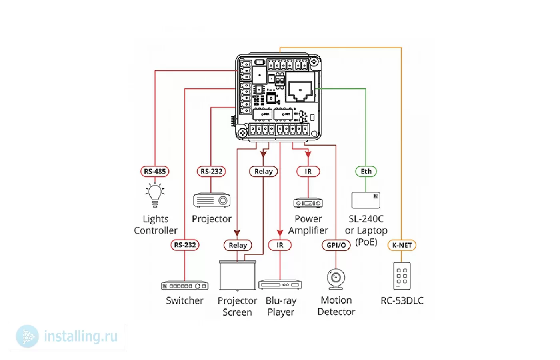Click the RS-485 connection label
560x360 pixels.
[155, 172]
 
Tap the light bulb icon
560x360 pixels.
[155, 196]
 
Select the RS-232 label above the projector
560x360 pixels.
[211, 172]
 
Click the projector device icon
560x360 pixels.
[212, 200]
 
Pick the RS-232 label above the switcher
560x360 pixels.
[185, 245]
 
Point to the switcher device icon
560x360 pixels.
[185, 286]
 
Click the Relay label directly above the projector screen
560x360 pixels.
[238, 245]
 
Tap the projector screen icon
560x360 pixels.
[237, 276]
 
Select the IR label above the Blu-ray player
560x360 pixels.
[280, 245]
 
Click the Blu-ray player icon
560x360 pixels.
[280, 284]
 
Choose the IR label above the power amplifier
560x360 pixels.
[308, 172]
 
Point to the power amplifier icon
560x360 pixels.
[308, 203]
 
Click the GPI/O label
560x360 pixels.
[336, 245]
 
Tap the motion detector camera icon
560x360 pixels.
[336, 279]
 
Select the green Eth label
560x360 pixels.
[366, 172]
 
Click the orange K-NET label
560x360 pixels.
[402, 245]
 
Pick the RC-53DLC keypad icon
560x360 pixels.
[402, 276]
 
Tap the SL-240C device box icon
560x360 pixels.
[366, 200]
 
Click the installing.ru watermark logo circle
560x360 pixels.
[27, 336]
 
